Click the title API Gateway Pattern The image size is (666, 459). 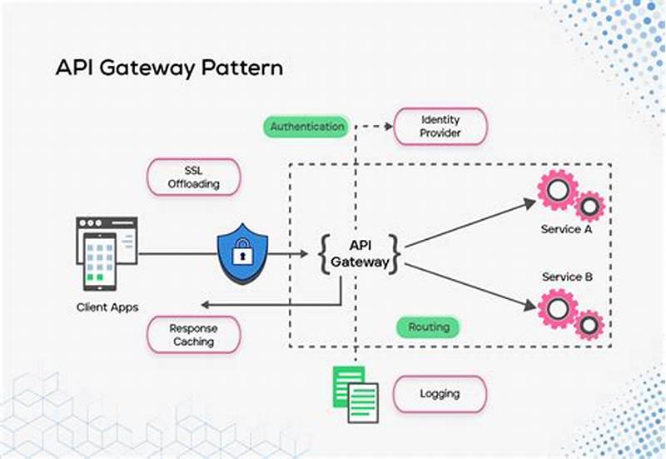168,67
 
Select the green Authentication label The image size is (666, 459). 307,127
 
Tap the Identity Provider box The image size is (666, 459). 440,127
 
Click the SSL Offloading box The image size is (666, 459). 193,177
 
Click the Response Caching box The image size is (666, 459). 193,335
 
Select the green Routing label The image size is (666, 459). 429,327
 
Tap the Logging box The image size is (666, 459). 440,393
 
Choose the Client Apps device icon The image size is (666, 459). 106,250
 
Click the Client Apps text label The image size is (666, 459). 107,307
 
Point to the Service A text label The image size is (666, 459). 566,229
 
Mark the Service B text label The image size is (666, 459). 566,277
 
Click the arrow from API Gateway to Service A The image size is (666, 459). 470,223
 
